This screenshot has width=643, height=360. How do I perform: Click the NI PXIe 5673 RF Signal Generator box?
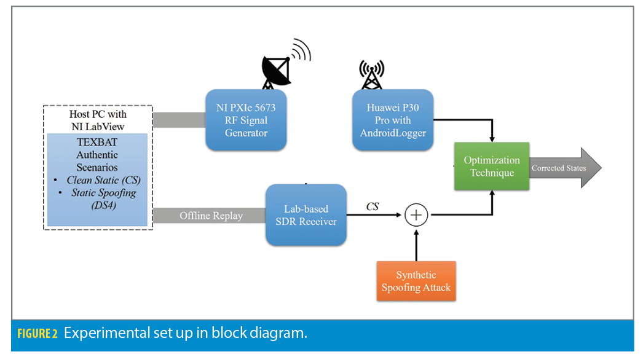(245, 120)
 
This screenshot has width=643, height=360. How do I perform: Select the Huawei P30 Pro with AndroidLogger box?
(392, 120)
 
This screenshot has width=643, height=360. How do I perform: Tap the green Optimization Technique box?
(491, 166)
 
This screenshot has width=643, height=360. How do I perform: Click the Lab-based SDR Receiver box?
(306, 215)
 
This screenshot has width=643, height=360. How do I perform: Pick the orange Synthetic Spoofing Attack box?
(416, 281)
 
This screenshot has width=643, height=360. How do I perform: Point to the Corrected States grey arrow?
(562, 168)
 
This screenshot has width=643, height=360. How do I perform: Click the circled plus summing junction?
(416, 215)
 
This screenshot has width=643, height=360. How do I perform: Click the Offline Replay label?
(211, 216)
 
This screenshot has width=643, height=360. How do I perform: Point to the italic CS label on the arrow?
(372, 206)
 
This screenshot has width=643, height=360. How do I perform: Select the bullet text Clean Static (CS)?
(101, 180)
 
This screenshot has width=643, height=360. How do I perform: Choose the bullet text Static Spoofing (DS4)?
(101, 198)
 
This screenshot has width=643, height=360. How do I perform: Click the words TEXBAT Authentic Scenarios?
(97, 155)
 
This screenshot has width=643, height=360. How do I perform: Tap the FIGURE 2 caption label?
(37, 334)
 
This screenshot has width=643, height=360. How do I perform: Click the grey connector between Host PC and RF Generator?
(179, 120)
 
